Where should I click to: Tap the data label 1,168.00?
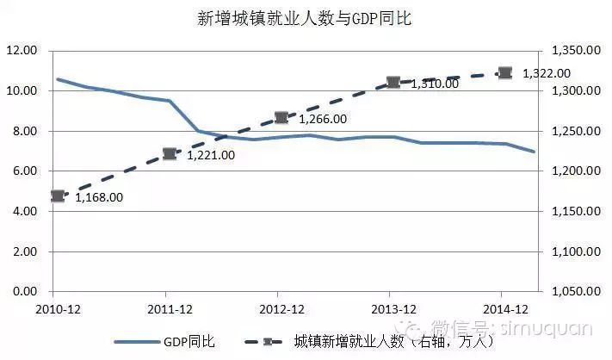pos(99,197)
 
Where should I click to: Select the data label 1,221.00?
pos(210,156)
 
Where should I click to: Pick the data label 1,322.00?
pos(547,73)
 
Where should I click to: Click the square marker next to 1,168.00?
pos(58,196)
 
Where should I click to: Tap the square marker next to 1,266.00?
pos(281,117)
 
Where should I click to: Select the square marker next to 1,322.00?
pos(505,73)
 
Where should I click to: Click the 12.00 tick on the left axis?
pos(21,51)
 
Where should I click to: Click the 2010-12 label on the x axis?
pos(55,308)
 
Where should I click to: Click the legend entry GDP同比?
pos(188,342)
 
